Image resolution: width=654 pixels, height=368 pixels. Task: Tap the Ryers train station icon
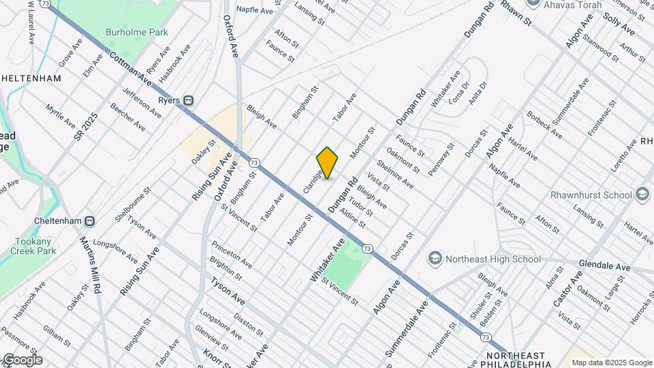[187, 100]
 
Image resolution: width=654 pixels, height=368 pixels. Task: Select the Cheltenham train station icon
[90, 221]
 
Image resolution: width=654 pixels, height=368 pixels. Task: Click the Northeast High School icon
[434, 259]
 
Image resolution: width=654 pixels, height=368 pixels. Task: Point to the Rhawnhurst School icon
[642, 195]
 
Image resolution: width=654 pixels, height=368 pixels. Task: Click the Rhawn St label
[516, 13]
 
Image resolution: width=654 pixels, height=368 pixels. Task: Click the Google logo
[22, 359]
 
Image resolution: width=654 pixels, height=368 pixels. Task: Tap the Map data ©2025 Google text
[611, 363]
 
